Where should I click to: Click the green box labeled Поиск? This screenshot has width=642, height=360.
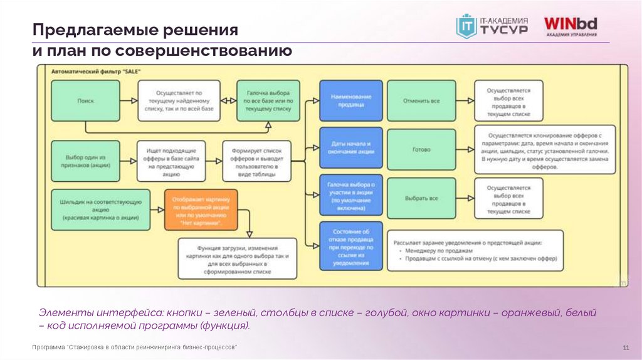pos(85,100)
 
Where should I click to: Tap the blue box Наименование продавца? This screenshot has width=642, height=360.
pos(350,100)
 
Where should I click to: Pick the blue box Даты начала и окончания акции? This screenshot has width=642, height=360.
pos(350,149)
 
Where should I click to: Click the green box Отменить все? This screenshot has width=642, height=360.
pos(421,100)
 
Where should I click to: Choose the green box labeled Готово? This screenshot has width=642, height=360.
pos(421,150)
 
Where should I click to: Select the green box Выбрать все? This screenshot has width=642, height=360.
pos(421,198)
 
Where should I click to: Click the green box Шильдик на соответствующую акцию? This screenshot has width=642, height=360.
pos(101,209)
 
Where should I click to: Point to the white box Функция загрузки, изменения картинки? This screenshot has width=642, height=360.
pos(238,258)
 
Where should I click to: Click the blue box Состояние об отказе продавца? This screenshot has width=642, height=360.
pos(350,246)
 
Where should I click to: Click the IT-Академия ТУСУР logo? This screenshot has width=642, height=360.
pos(492,26)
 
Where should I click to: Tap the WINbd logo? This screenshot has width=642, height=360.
pos(571,26)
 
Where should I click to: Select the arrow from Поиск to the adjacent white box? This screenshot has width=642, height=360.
pos(129,100)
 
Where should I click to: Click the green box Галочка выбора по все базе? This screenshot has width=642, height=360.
pos(266,100)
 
